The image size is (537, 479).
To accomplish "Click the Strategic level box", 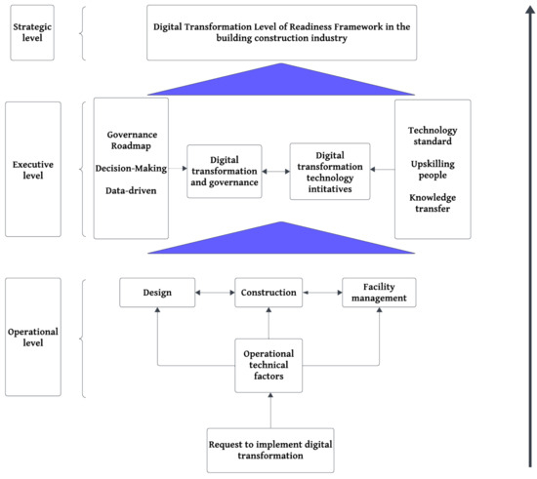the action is [32, 32].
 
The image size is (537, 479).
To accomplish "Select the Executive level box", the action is [33, 169].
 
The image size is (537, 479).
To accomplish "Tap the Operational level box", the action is [33, 337].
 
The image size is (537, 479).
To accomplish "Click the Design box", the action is [157, 293].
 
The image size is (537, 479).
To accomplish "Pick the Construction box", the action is [268, 293].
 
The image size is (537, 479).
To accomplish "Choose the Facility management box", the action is [379, 293].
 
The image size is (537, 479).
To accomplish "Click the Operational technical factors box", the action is [268, 366].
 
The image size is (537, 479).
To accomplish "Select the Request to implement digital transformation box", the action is [270, 451].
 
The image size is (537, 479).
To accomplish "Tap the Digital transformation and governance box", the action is [225, 171].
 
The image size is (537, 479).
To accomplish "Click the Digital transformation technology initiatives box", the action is [330, 172].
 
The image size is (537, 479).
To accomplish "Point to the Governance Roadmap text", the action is [132, 140].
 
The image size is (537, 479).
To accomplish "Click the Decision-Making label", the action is [131, 169].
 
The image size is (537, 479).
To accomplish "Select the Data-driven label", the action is [131, 190].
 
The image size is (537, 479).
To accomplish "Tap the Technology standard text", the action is [433, 136].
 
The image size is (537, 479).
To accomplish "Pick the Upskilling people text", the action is [433, 170].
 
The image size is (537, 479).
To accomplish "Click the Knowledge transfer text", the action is [433, 203].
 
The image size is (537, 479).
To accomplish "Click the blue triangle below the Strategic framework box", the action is [281, 82].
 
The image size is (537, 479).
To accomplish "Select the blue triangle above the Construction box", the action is [281, 241].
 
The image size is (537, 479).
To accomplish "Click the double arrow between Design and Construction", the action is [215, 293].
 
